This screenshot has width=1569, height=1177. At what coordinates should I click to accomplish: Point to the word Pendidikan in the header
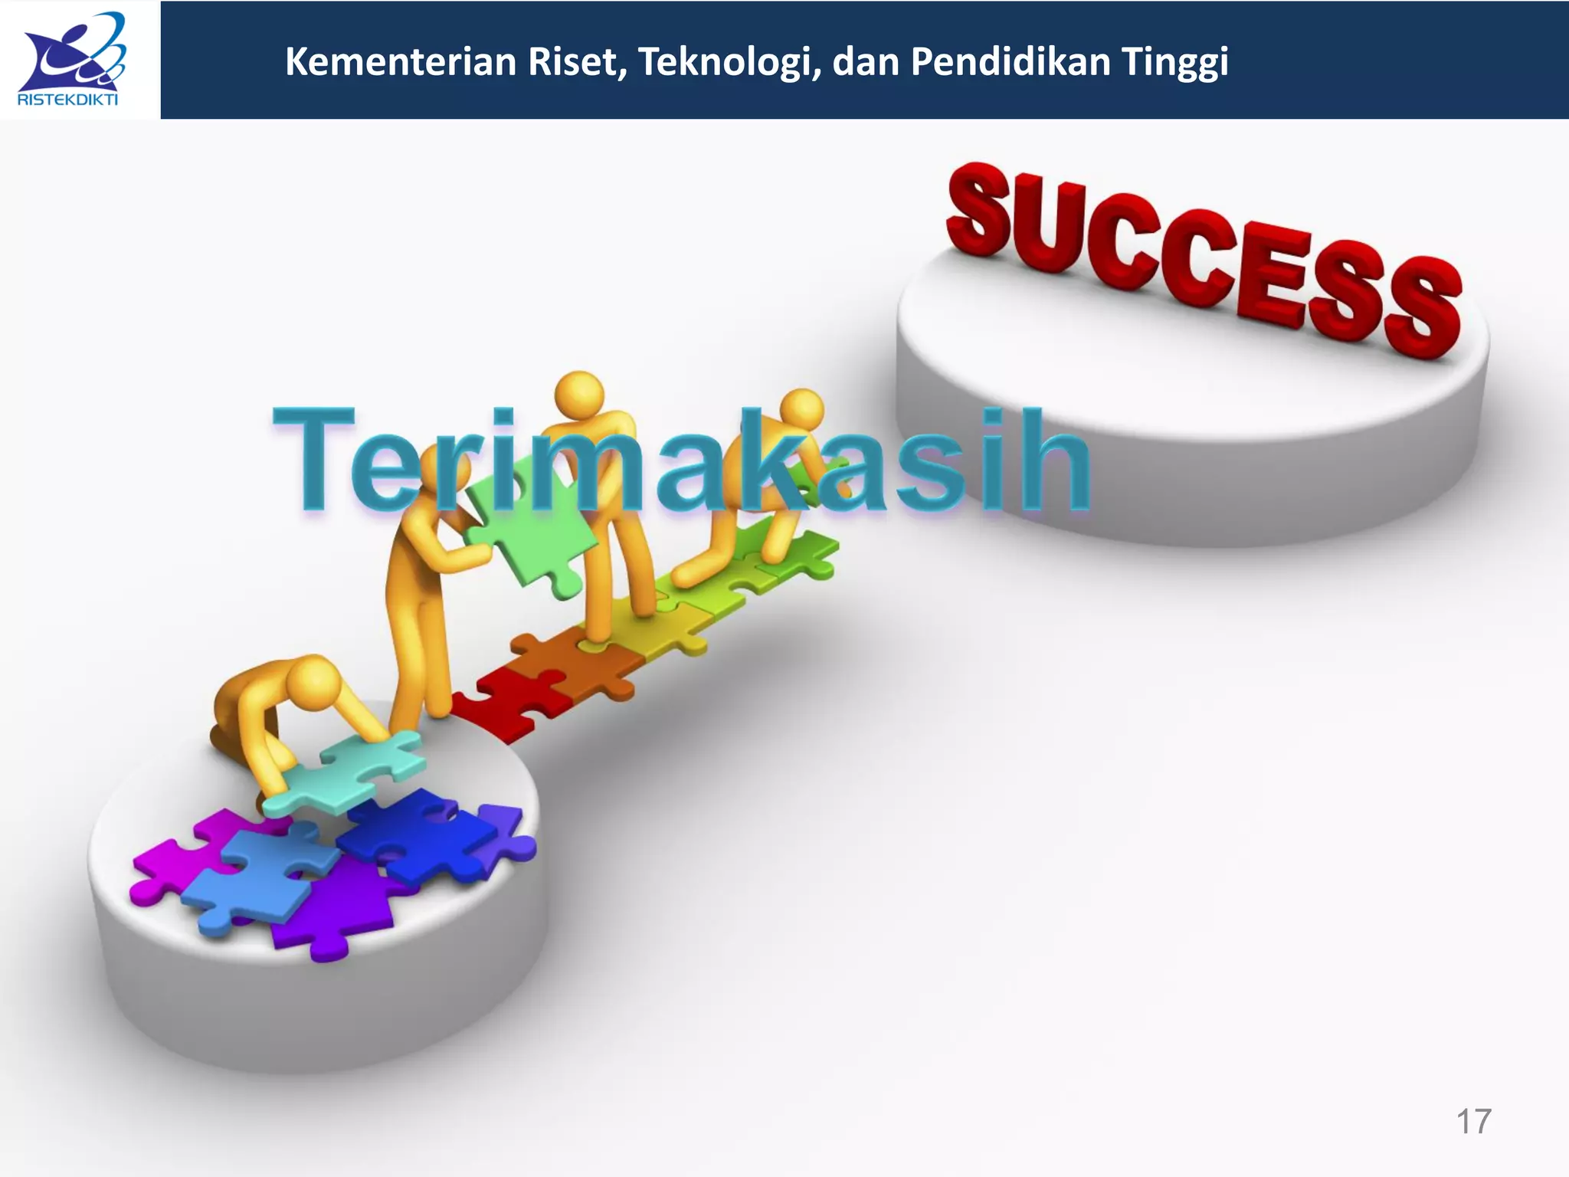pyautogui.click(x=1011, y=62)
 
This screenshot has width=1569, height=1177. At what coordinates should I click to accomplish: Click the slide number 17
pyautogui.click(x=1472, y=1122)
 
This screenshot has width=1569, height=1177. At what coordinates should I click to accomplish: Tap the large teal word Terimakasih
pyautogui.click(x=682, y=460)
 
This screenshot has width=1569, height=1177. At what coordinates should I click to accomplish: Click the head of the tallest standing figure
pyautogui.click(x=580, y=395)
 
